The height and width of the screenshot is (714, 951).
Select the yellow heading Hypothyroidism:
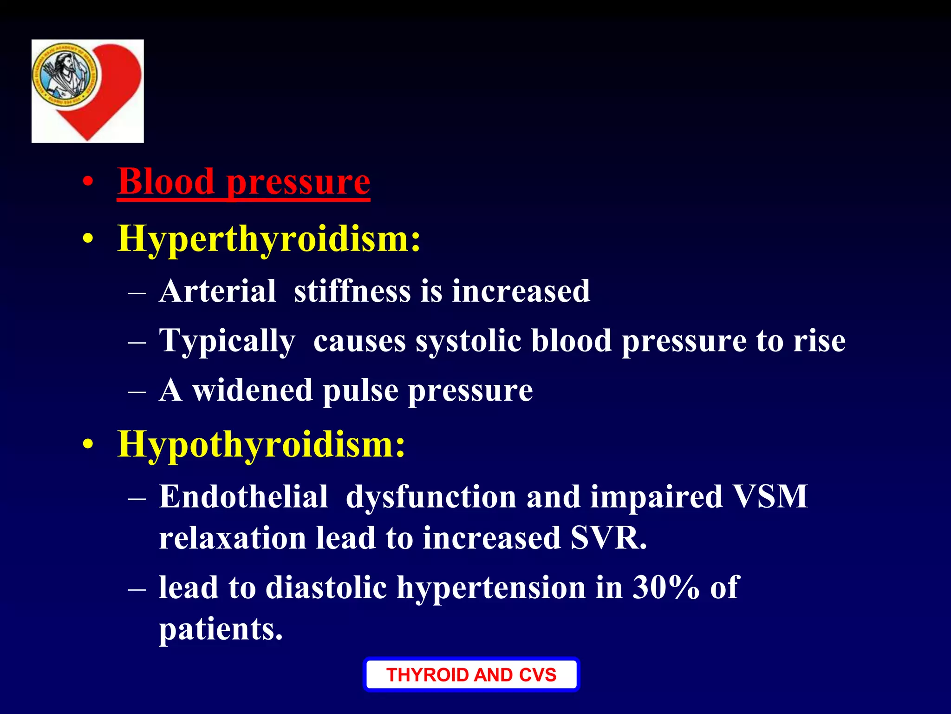(x=261, y=444)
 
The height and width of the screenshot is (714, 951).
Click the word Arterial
(x=217, y=292)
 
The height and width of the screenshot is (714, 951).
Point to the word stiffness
(x=352, y=292)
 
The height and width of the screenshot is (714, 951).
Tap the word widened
(x=252, y=390)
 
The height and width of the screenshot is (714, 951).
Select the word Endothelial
(x=243, y=497)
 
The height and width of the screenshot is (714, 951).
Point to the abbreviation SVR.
(x=608, y=538)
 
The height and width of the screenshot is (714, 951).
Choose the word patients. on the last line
(x=221, y=630)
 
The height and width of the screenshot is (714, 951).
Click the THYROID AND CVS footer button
(x=471, y=674)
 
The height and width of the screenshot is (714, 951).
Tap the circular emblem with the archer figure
(x=65, y=74)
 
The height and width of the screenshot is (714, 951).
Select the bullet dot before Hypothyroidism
(x=88, y=445)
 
